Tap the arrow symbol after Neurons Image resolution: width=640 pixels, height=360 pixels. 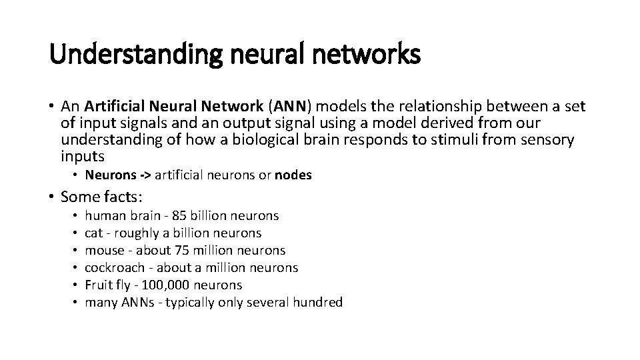(145, 175)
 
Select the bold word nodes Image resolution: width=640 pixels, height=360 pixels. (294, 175)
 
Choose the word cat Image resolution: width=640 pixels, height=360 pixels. (95, 233)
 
